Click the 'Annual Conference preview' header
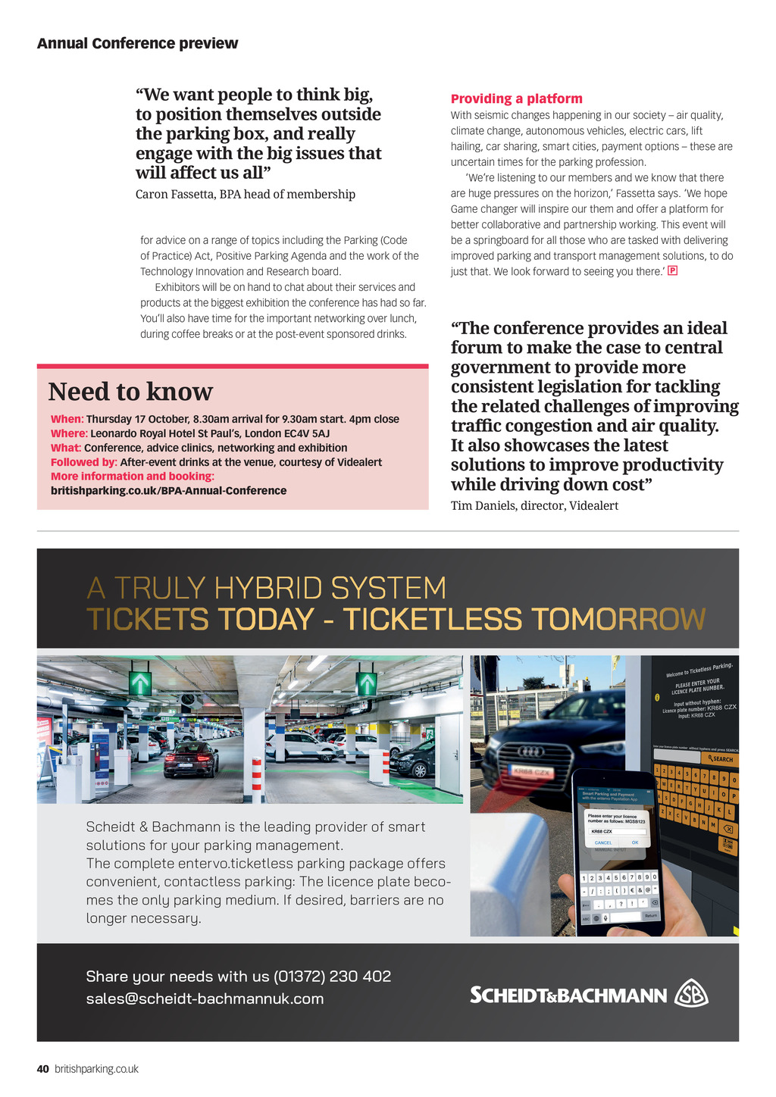[x=137, y=43]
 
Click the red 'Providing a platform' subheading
[x=516, y=98]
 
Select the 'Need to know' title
[x=130, y=392]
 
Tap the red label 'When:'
[x=67, y=419]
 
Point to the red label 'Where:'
[x=69, y=433]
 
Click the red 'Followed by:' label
[x=83, y=462]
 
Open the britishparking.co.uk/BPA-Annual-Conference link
[x=168, y=490]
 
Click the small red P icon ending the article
[x=672, y=270]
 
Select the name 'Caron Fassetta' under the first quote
[x=174, y=195]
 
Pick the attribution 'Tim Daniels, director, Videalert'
[x=534, y=505]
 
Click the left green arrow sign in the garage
[x=140, y=683]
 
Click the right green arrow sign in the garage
[x=367, y=683]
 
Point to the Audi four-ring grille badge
[x=530, y=751]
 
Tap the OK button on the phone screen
[x=634, y=842]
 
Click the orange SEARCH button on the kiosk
[x=720, y=758]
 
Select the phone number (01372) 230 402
[x=332, y=977]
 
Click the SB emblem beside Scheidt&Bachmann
[x=691, y=994]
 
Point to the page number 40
[x=43, y=1069]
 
